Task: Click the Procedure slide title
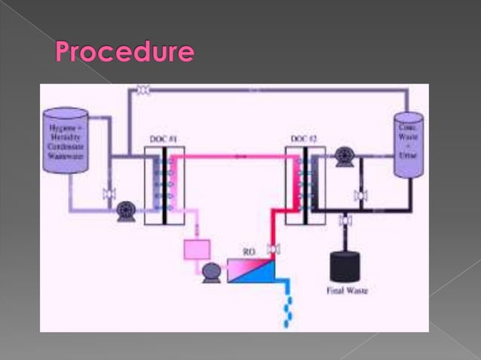coord(124,53)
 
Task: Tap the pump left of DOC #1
coord(125,214)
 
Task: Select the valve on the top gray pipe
coord(143,90)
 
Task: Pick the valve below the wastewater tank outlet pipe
coord(109,194)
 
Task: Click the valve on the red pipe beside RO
coord(274,249)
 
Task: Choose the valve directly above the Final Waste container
coord(345,221)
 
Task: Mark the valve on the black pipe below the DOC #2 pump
coord(360,196)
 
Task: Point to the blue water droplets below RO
coord(286,305)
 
